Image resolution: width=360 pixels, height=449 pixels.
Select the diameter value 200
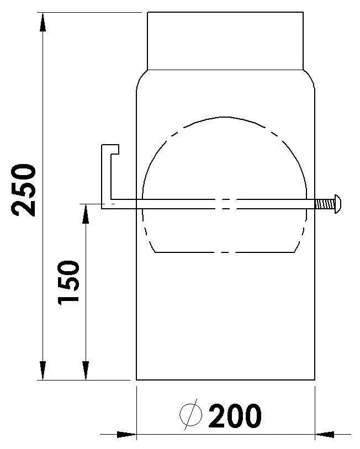tap(234, 416)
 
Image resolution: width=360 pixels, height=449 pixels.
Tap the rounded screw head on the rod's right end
tap(338, 203)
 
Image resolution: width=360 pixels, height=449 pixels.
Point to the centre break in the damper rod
tap(225, 204)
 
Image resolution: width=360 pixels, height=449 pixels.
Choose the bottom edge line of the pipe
tap(225, 380)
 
